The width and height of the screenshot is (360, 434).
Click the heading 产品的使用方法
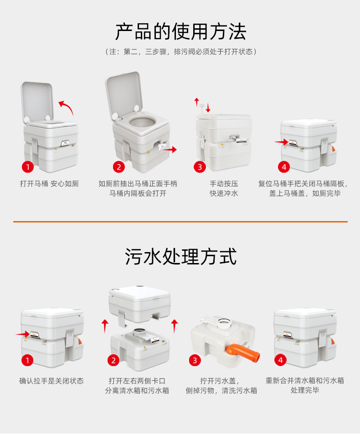tap(180, 32)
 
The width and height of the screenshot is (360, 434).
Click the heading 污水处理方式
tap(180, 257)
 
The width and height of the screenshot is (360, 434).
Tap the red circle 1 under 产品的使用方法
tap(28, 167)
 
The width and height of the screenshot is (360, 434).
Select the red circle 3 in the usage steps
tap(200, 167)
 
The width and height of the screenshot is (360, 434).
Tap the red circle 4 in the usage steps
tap(284, 167)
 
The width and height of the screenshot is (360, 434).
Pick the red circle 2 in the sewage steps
tap(113, 361)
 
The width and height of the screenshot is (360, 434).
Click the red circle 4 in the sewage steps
tap(280, 360)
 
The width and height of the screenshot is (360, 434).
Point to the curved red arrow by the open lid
tap(66, 108)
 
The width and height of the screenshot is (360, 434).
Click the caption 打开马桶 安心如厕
tap(49, 184)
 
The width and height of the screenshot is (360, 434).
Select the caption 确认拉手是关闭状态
tap(51, 381)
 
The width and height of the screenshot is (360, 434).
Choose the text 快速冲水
tap(224, 193)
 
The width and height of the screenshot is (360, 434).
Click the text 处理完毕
tap(305, 390)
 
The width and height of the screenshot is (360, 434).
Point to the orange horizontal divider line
tap(180, 222)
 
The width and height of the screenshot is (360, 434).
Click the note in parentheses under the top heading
tap(180, 52)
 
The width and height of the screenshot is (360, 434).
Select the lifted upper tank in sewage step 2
tap(139, 303)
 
